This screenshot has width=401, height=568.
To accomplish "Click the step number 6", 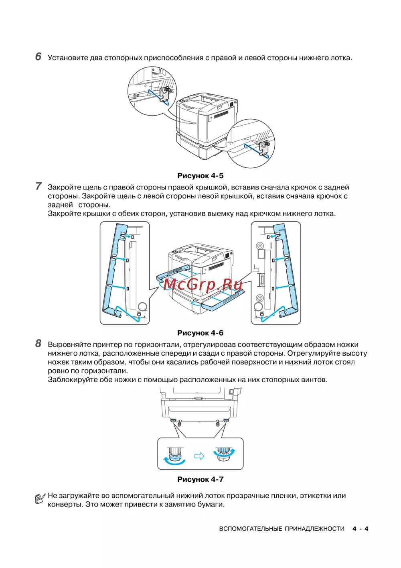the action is (38, 57).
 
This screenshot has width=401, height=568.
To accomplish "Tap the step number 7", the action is (38, 186).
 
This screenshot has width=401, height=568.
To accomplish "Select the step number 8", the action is (38, 344).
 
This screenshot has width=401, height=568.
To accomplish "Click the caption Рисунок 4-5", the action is (200, 175).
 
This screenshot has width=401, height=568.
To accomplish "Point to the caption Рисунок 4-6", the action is (200, 333).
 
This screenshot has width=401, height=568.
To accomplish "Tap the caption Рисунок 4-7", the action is (200, 479).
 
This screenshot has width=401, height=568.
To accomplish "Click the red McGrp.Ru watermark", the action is (203, 285).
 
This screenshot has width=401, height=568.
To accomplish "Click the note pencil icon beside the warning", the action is (40, 499).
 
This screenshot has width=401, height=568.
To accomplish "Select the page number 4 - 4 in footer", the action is (360, 529).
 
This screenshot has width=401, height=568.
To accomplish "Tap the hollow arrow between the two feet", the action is (199, 456).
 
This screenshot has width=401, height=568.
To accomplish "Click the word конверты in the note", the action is (65, 505).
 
